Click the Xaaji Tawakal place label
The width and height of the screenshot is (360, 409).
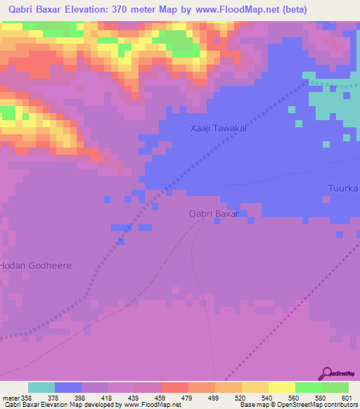[220, 129]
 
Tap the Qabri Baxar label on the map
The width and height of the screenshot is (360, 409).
[214, 214]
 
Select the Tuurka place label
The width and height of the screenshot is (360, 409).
[343, 188]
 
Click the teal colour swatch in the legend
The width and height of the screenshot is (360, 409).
[41, 387]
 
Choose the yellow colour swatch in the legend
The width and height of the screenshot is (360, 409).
[281, 387]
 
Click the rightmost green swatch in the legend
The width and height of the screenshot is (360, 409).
[335, 387]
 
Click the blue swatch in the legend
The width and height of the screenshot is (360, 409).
[68, 387]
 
